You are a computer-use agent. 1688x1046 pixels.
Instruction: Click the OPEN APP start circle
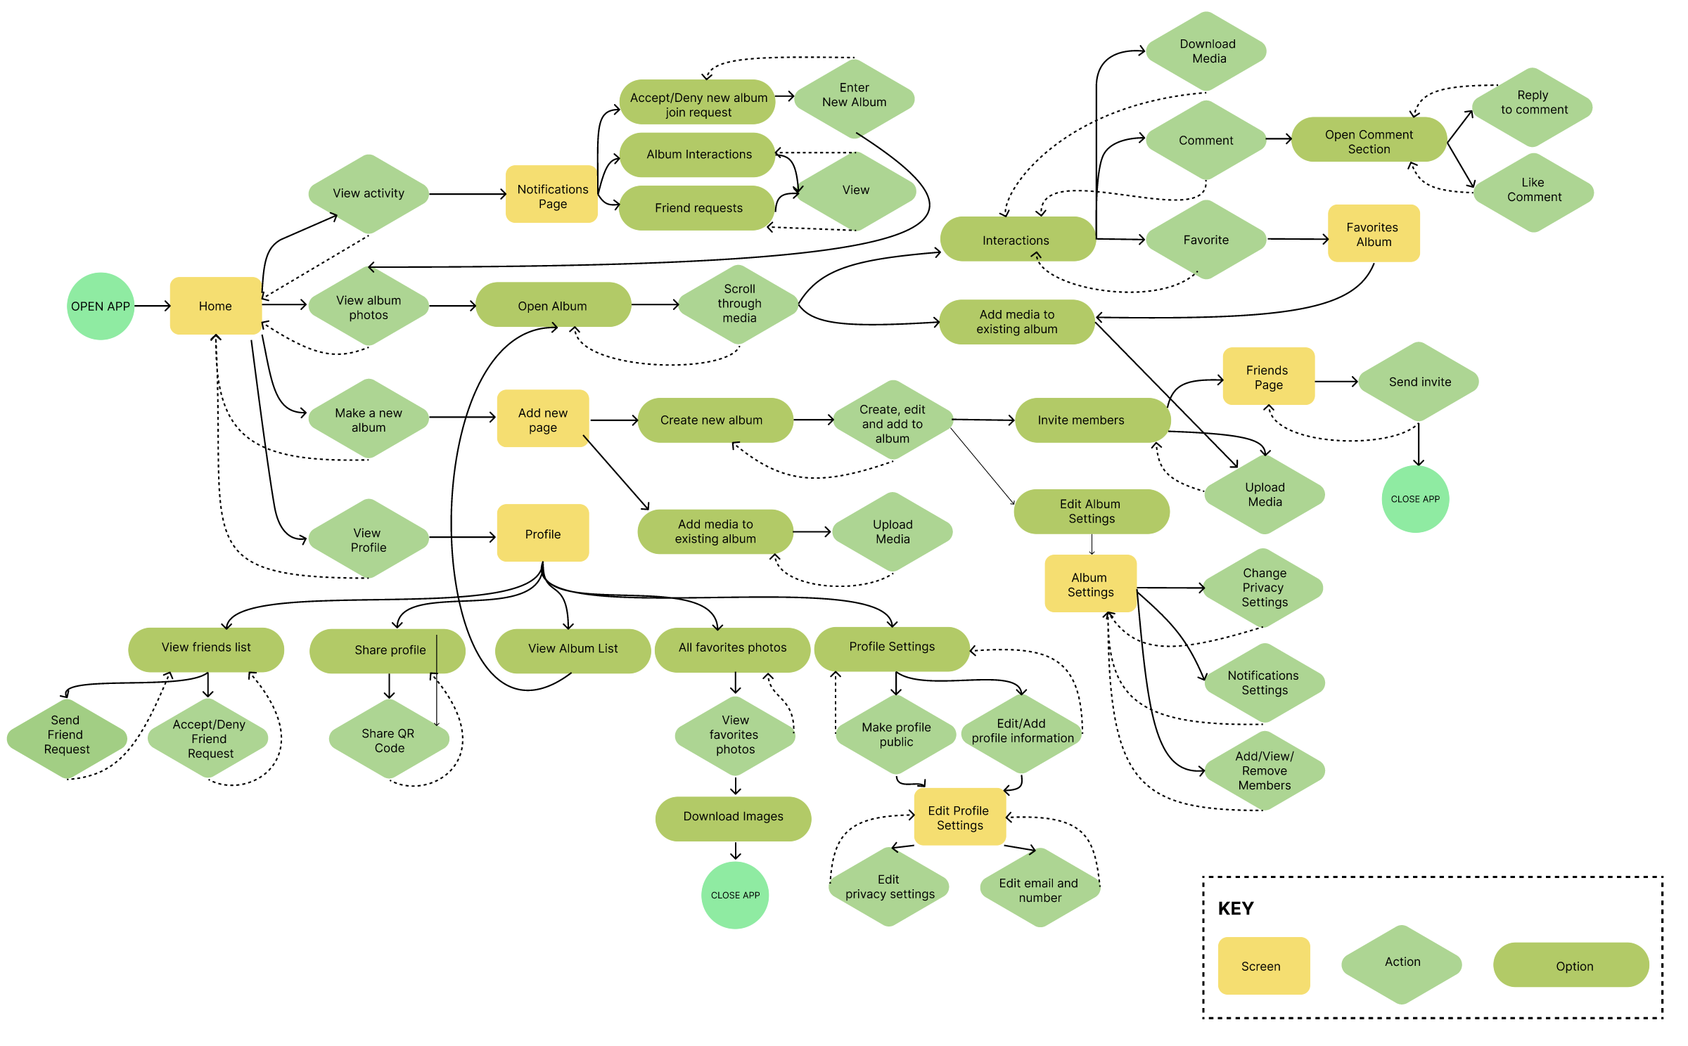101,306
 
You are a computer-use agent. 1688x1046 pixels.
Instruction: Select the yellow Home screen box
215,306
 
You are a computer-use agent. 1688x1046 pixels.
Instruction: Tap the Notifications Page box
552,195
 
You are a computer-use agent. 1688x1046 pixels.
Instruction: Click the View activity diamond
369,193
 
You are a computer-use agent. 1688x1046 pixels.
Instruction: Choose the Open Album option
553,305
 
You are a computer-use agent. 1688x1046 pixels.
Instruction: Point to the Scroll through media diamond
739,304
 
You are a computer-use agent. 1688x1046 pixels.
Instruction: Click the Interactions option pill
1016,240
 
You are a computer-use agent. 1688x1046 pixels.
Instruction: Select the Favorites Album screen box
1373,233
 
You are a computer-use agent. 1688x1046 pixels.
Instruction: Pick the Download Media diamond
1207,51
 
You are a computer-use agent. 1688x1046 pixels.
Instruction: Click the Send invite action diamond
1419,382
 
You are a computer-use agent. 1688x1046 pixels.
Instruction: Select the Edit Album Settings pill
1091,511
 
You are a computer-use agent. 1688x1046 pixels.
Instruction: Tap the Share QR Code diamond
389,740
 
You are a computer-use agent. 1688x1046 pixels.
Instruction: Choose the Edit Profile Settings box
959,817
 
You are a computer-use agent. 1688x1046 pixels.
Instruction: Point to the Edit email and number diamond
1039,889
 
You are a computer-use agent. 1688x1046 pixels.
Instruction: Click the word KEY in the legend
1236,908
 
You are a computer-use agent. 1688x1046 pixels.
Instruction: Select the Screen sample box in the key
1263,965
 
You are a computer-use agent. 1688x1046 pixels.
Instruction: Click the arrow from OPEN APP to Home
152,306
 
